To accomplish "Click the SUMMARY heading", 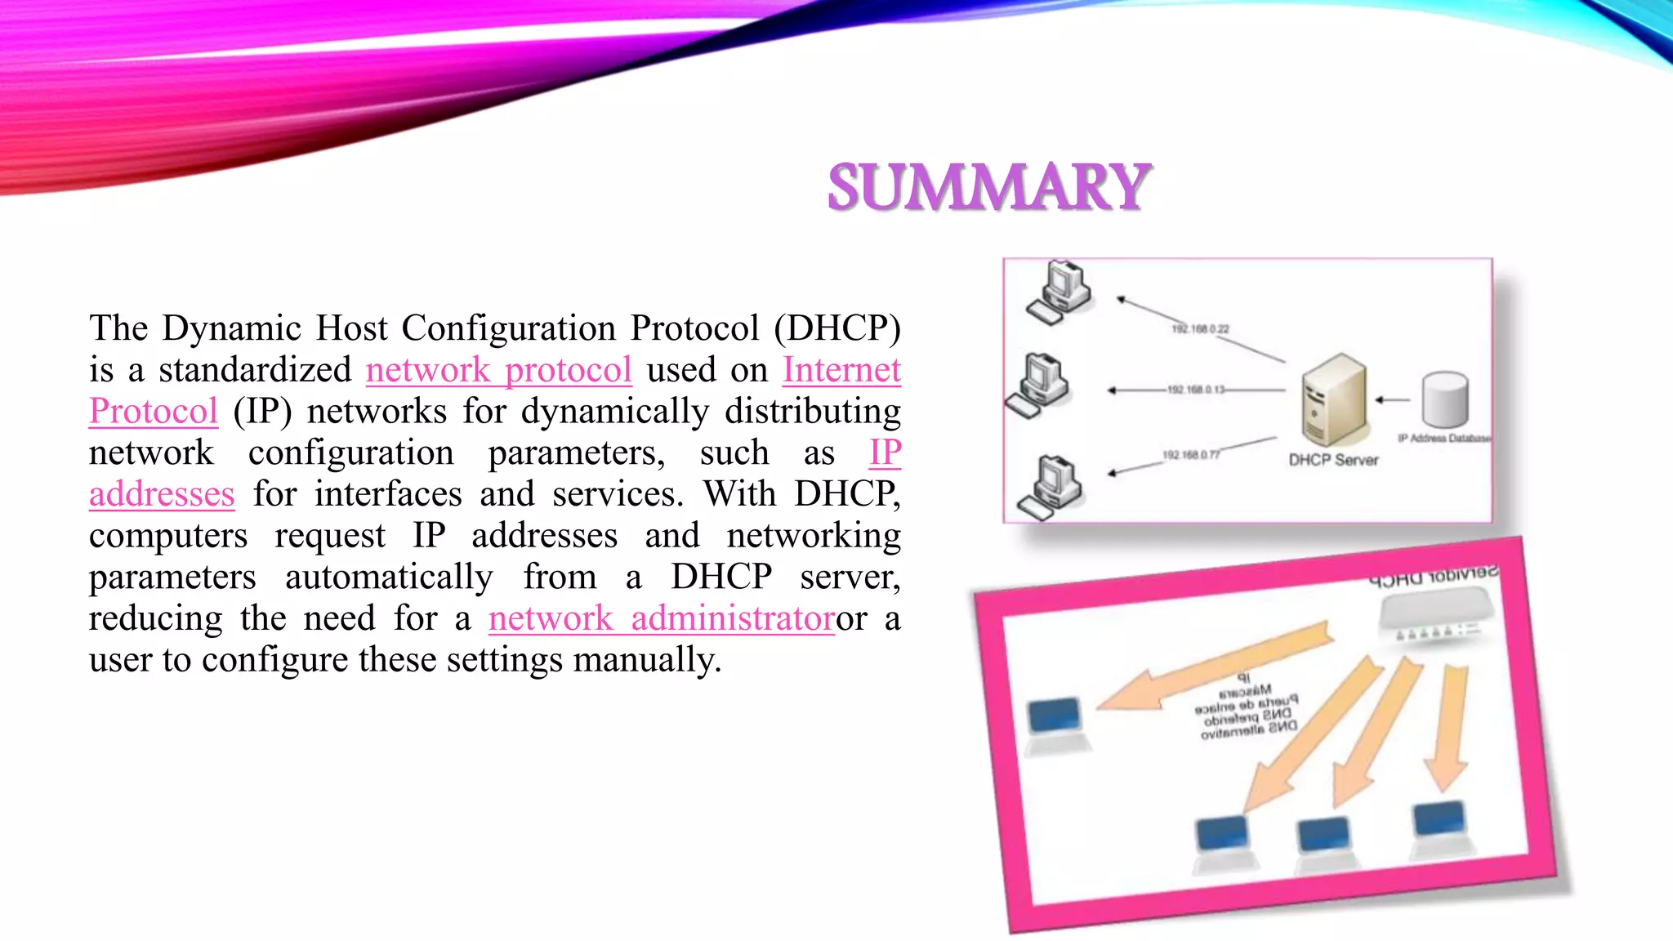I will click(988, 187).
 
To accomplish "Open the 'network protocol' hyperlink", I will click(498, 370).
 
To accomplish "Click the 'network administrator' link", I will click(662, 618).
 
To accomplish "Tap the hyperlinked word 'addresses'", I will click(162, 495).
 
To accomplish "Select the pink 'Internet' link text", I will click(841, 370).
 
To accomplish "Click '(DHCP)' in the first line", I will click(837, 328).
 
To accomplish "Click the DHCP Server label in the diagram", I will click(1333, 460).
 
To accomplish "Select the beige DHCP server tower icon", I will click(1332, 399).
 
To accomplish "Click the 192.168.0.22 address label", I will click(1200, 329).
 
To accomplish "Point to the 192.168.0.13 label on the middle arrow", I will click(1196, 390).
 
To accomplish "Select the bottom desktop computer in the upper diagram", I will click(1051, 487).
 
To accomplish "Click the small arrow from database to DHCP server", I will click(1393, 400).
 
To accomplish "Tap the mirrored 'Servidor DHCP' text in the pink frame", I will click(1434, 576).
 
